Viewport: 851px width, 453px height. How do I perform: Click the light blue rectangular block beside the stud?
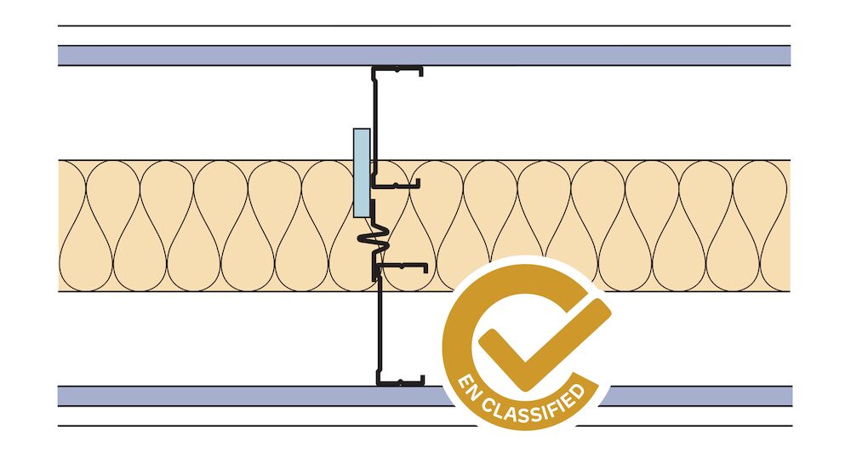point(362,173)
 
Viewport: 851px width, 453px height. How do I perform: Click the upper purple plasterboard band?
point(424,55)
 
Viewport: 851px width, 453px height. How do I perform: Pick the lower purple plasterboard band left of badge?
point(255,396)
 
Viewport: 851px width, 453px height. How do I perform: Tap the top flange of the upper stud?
point(397,69)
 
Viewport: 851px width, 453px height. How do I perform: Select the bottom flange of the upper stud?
point(397,186)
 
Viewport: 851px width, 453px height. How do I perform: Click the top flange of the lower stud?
point(401,267)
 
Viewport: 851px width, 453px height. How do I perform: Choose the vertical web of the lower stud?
point(379,326)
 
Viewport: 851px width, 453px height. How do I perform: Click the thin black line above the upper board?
point(424,26)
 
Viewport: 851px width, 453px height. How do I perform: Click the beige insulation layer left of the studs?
point(206,226)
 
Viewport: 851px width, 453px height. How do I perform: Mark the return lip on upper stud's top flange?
point(420,72)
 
